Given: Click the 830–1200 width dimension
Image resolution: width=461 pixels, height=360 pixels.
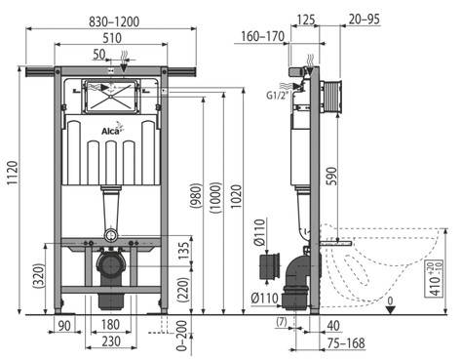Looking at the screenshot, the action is [114, 21].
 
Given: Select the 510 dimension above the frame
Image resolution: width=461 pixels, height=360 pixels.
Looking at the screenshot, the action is [112, 38].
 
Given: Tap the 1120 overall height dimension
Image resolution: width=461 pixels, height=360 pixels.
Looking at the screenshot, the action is [13, 173].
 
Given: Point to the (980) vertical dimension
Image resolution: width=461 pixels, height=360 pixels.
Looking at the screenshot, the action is [197, 195].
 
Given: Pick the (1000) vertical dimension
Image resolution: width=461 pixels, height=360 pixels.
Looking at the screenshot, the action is [215, 197].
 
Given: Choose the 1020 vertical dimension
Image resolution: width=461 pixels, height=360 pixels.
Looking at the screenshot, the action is [236, 196].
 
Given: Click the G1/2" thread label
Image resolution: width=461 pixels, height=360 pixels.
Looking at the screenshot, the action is [277, 96].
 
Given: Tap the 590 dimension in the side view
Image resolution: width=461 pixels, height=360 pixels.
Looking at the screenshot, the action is [331, 176].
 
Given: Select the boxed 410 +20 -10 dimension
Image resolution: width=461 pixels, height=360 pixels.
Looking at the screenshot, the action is [435, 279].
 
